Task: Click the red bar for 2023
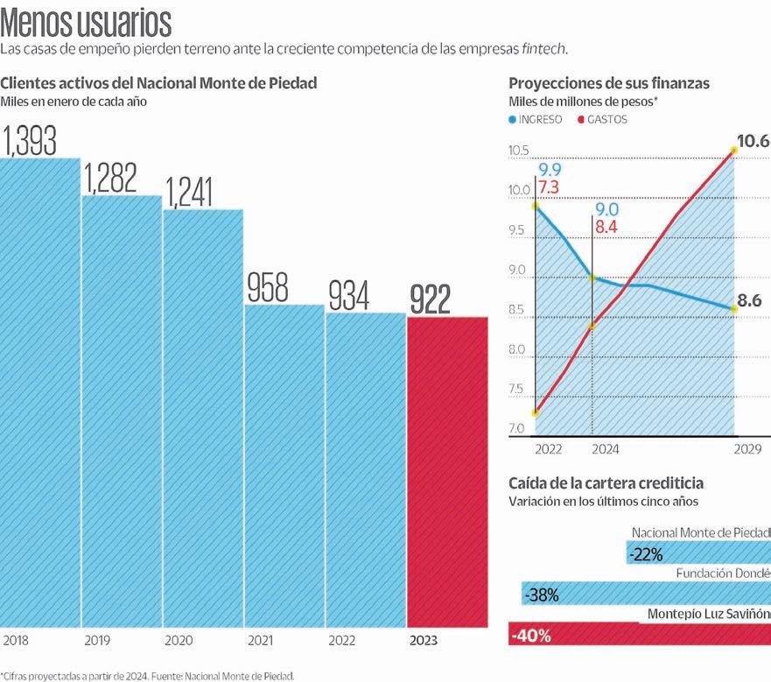click(x=447, y=473)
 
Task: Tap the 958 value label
click(x=267, y=287)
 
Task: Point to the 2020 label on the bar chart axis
click(x=179, y=641)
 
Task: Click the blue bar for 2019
click(x=122, y=411)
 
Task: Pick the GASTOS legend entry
click(x=606, y=119)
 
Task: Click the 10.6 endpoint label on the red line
click(x=753, y=141)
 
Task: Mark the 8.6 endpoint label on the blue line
click(x=749, y=301)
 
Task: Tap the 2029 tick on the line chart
click(x=747, y=449)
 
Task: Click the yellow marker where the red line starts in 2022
click(x=535, y=413)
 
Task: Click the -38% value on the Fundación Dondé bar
click(x=541, y=595)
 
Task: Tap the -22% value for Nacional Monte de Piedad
click(x=645, y=554)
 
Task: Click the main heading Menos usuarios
click(x=86, y=21)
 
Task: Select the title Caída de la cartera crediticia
click(x=606, y=483)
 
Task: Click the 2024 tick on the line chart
click(x=605, y=449)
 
